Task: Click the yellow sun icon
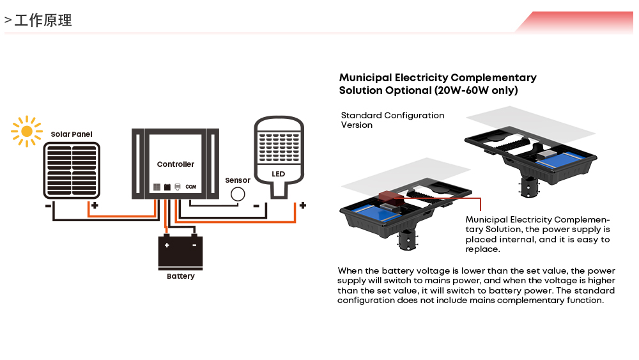(26, 131)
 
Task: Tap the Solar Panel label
(72, 134)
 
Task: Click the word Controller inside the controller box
(176, 164)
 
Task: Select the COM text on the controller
(190, 187)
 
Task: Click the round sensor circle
(238, 194)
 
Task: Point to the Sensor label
(238, 180)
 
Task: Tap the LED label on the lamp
(278, 174)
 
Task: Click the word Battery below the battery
(180, 276)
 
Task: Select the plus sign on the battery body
(167, 245)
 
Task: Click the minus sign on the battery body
(193, 245)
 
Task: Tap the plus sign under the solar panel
(94, 206)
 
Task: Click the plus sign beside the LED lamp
(302, 206)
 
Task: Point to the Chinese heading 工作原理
(43, 20)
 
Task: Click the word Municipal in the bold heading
(365, 78)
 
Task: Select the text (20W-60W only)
(476, 91)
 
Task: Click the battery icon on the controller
(167, 187)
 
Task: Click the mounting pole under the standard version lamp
(529, 187)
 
